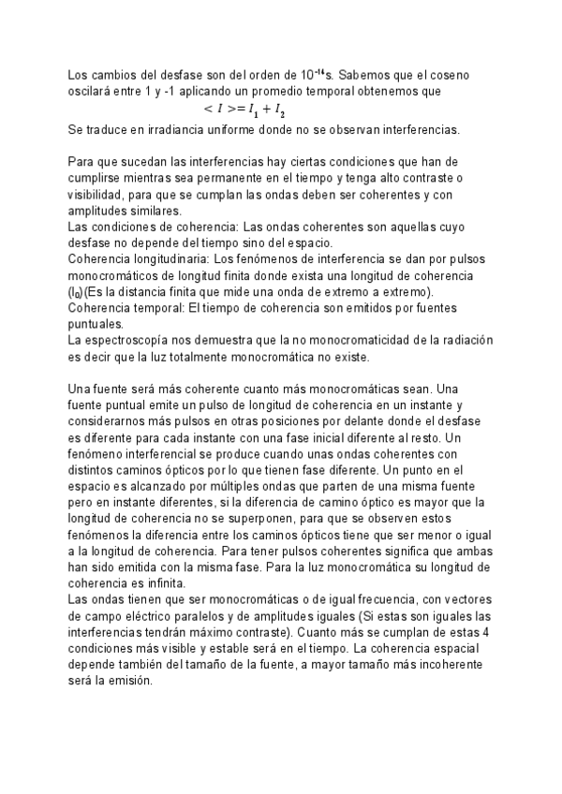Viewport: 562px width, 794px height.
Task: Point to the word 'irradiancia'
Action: point(162,129)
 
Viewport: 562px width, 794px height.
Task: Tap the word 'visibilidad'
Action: point(96,196)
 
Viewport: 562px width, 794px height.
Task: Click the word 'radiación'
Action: point(465,341)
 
